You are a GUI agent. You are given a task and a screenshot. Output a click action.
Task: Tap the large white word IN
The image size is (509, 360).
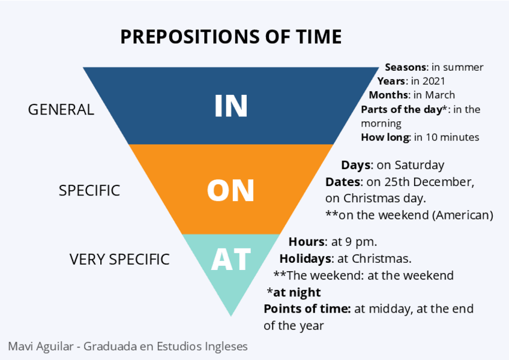pos(231,106)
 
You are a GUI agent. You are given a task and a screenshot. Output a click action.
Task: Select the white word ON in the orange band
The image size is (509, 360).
pos(231,190)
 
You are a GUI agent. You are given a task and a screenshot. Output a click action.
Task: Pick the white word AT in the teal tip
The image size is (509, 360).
pos(231,259)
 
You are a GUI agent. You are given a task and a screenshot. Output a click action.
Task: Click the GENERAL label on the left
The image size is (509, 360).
pos(61,110)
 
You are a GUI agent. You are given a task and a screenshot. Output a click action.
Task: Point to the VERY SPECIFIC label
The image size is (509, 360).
pos(119,259)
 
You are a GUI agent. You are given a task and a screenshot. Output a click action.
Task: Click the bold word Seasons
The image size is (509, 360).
pos(405,67)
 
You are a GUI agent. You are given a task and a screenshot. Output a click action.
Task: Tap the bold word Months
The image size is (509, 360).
pos(388,95)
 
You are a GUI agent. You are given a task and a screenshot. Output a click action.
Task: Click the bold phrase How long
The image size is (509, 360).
pos(385,137)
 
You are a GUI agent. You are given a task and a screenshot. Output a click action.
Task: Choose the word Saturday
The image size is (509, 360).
pos(420,165)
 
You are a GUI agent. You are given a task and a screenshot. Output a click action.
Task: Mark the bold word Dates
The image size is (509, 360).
pos(344,181)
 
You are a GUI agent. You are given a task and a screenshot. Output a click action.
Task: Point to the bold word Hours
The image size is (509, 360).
pos(307,242)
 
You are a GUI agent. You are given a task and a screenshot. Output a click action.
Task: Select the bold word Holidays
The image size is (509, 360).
pos(306,259)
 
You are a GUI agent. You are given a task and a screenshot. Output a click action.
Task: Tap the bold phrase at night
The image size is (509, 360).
pos(297,293)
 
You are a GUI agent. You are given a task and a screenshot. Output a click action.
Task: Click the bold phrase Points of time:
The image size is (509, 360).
pos(307,309)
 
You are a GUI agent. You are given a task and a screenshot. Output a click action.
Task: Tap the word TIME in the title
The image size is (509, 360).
pos(317,37)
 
